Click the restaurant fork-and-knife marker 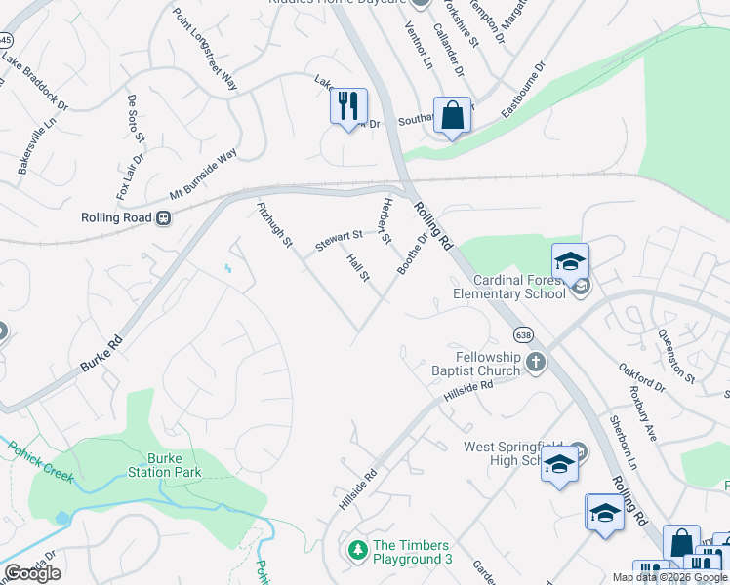pyautogui.click(x=349, y=104)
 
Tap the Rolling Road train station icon pyautogui.click(x=165, y=218)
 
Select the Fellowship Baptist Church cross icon pyautogui.click(x=535, y=363)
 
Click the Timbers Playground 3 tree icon pyautogui.click(x=358, y=551)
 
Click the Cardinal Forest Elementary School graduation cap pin pyautogui.click(x=570, y=261)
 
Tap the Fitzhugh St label pyautogui.click(x=273, y=223)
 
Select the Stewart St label pyautogui.click(x=338, y=237)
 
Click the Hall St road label pyautogui.click(x=358, y=267)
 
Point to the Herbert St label pyautogui.click(x=385, y=220)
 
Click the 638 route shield pyautogui.click(x=524, y=333)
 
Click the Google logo pyautogui.click(x=33, y=573)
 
